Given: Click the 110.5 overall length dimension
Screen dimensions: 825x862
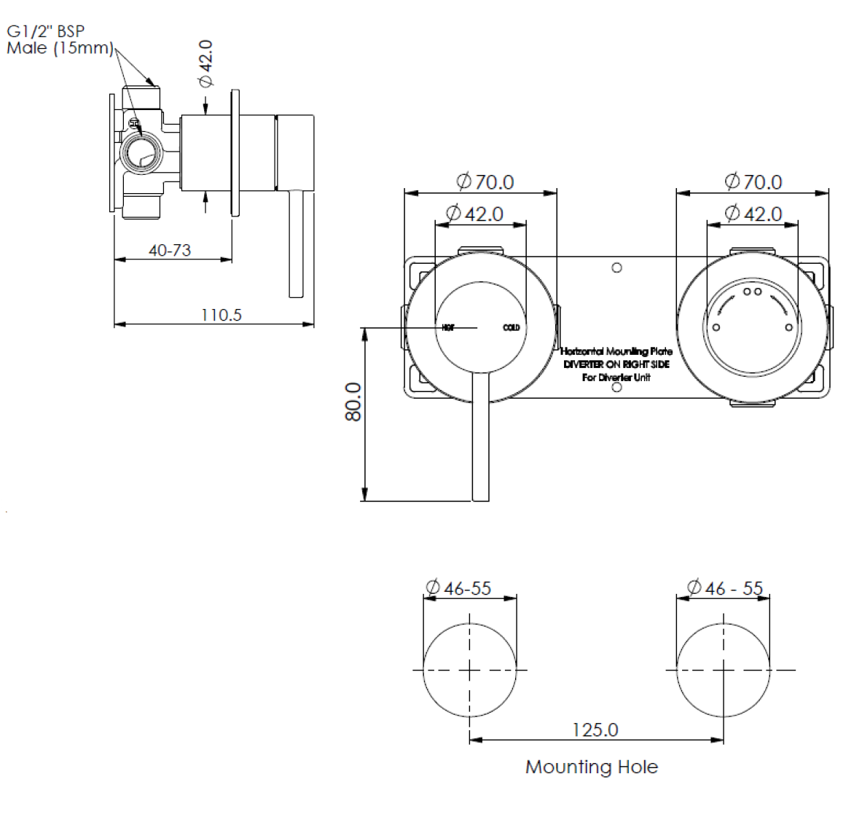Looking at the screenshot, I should (221, 315).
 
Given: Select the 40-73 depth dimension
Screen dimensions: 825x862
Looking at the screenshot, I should (170, 250).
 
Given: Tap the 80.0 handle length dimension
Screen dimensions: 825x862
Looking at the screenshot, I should (353, 402).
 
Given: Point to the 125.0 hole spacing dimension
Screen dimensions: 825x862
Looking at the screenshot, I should (595, 730).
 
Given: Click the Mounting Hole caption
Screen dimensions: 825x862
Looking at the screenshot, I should (591, 767).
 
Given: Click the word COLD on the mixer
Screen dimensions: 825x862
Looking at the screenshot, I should (512, 327).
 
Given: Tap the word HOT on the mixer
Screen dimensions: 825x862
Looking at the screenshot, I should (448, 327).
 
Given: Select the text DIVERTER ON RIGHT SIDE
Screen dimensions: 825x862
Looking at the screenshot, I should (616, 364).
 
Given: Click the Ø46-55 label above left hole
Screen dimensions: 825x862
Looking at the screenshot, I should (458, 588).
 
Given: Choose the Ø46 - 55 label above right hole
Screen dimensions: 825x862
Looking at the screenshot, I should (724, 587).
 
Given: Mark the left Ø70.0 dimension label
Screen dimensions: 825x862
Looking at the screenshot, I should (485, 181).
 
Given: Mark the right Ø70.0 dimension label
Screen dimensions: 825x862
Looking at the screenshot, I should (753, 181).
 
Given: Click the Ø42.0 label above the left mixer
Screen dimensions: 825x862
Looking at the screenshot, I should (474, 214).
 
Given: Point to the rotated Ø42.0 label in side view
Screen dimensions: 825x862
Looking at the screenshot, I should (206, 63).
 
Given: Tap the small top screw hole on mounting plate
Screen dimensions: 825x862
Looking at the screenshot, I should (616, 267).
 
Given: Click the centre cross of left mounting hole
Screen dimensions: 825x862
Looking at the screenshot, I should (469, 670).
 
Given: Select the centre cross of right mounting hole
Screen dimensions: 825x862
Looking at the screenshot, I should (723, 670).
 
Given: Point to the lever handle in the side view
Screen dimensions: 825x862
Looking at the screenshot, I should (296, 244).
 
